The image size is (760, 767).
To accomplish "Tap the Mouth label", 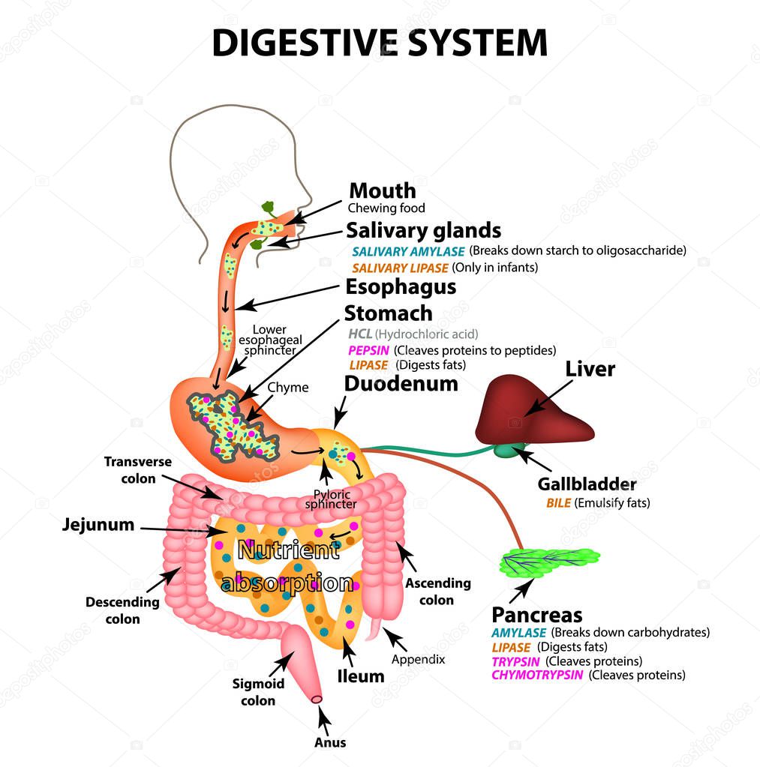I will [x=382, y=191].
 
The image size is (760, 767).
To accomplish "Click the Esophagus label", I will [x=400, y=287].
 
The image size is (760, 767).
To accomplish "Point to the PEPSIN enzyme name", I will [x=368, y=350].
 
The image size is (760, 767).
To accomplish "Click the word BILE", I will [x=559, y=503].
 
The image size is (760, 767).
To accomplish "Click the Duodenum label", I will [x=401, y=384].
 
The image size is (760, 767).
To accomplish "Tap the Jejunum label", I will [x=98, y=525].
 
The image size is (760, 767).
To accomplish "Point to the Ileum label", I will [x=361, y=676].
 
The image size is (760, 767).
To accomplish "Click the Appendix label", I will [x=418, y=659].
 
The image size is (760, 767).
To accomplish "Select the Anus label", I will [x=330, y=742].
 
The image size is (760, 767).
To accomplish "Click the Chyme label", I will [x=287, y=388].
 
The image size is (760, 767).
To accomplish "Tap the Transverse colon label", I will [x=137, y=470].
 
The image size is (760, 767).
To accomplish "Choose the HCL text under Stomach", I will [x=360, y=334].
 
